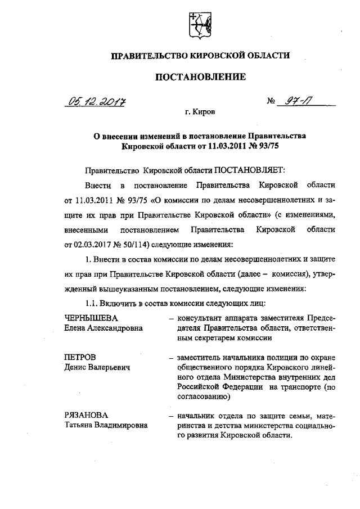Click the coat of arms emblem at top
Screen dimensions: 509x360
200,25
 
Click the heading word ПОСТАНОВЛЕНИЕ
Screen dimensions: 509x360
200,77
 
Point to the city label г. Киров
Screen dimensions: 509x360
200,112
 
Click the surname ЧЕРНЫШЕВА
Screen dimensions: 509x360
92,318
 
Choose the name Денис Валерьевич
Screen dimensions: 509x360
97,367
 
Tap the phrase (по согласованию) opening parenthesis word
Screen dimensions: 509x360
330,388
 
